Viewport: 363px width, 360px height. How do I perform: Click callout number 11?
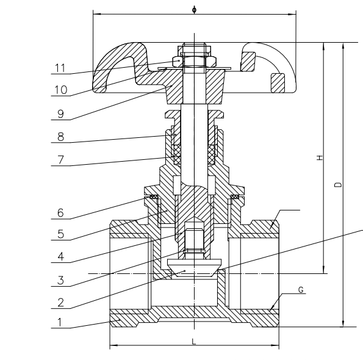[x=60, y=68]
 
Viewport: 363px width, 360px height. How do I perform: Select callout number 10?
[x=61, y=90]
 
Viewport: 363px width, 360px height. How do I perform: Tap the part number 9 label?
[x=60, y=114]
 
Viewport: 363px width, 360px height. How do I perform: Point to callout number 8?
[x=60, y=137]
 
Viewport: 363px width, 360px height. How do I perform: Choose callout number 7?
[x=60, y=159]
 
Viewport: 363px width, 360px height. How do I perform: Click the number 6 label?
[x=60, y=213]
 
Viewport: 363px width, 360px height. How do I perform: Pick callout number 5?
[x=60, y=234]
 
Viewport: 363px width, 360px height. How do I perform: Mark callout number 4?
[x=60, y=256]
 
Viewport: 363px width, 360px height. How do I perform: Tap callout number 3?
[x=60, y=280]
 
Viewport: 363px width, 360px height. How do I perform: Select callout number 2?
[x=60, y=303]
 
